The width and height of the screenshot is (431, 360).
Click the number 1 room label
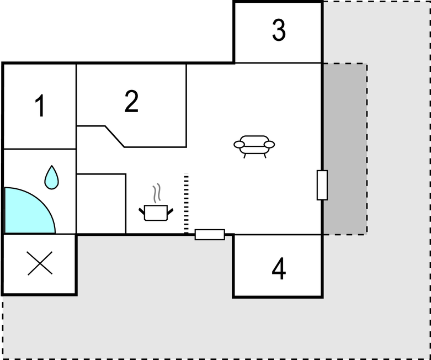(x=40, y=105)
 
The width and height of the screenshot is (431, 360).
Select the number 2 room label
(x=131, y=101)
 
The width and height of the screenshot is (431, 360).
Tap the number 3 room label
(x=279, y=30)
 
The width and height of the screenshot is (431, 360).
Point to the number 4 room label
(x=279, y=269)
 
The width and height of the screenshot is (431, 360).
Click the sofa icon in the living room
(x=254, y=146)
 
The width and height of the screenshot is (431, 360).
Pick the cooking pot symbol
(x=156, y=213)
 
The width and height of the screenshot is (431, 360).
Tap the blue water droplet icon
(x=52, y=177)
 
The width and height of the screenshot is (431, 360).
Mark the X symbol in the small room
(x=40, y=263)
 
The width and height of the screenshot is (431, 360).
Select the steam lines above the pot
(x=157, y=193)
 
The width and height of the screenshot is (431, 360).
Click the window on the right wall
(x=322, y=185)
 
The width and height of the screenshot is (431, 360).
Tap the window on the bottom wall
(x=210, y=235)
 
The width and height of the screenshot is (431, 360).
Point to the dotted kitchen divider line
(x=186, y=203)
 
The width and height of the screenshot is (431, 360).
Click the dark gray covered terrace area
(x=345, y=149)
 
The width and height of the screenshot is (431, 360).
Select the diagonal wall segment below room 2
(x=115, y=136)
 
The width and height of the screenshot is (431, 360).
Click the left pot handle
(x=142, y=211)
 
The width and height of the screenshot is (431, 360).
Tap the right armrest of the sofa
(x=269, y=144)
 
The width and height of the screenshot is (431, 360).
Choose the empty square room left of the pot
(x=101, y=204)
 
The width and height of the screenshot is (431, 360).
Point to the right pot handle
(x=170, y=211)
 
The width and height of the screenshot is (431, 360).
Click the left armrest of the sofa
(x=239, y=144)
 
